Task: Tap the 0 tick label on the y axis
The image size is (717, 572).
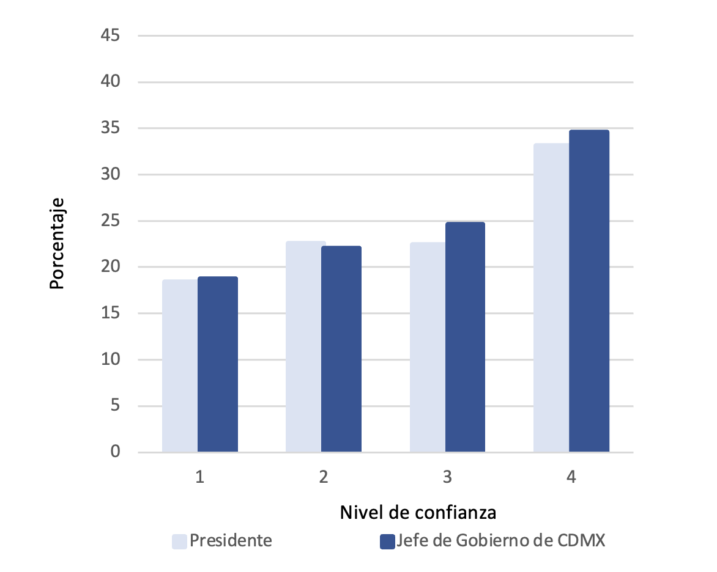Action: click(115, 452)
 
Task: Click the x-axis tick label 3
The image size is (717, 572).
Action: click(447, 477)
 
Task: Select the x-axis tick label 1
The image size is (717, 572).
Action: click(199, 477)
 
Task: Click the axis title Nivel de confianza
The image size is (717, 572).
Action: click(418, 513)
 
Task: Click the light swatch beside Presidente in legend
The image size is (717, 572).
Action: click(179, 541)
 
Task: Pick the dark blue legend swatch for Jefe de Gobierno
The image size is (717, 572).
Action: click(387, 541)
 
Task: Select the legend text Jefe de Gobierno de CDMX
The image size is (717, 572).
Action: click(500, 541)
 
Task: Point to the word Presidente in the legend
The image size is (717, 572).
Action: click(231, 541)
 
